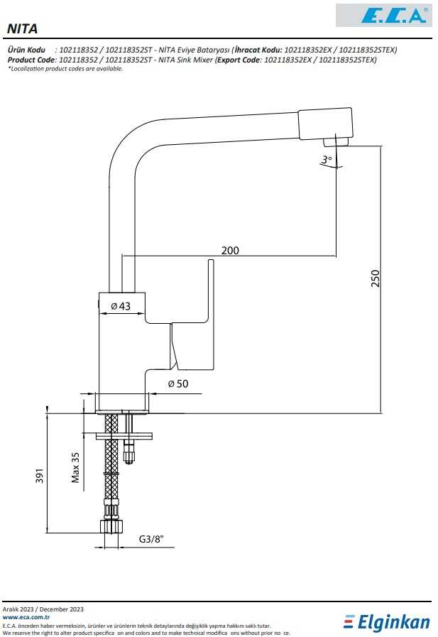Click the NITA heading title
click(x=23, y=28)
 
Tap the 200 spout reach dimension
click(x=230, y=250)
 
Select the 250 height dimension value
click(x=376, y=279)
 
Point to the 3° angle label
click(x=327, y=160)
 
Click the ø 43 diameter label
click(x=121, y=306)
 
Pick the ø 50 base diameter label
click(x=177, y=384)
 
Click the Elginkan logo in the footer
click(x=387, y=622)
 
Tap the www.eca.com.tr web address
click(x=26, y=618)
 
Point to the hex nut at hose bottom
click(x=112, y=526)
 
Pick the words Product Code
click(x=32, y=60)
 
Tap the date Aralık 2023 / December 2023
click(x=43, y=609)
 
